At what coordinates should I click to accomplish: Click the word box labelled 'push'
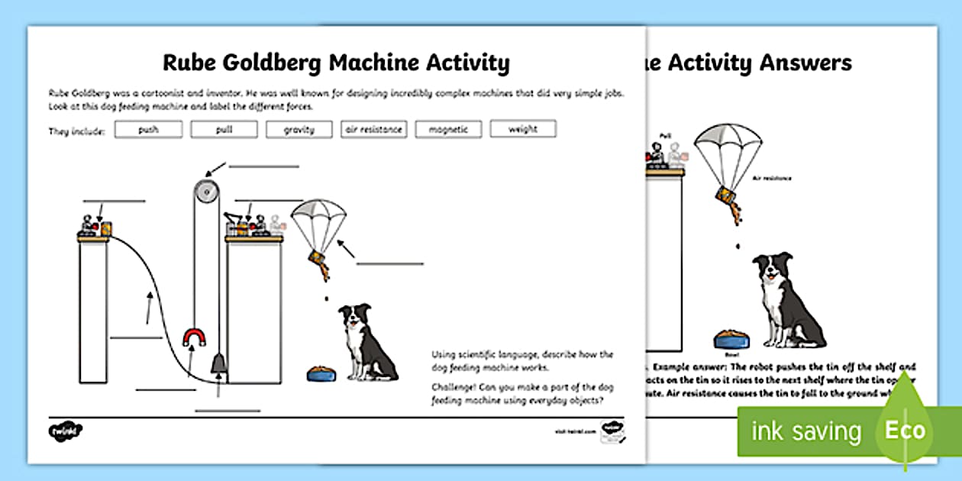pos(148,130)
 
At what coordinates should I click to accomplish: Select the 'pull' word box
pos(224,130)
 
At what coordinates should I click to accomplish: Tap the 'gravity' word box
pos(299,130)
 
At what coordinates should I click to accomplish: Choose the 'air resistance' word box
pos(373,130)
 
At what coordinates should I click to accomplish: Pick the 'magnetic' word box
pos(448,130)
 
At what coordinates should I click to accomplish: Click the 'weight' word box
pos(523,130)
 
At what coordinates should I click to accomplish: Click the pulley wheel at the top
pos(203,188)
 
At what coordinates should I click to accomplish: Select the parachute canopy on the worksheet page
pos(318,217)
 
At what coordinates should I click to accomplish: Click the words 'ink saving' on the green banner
pos(805,431)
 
